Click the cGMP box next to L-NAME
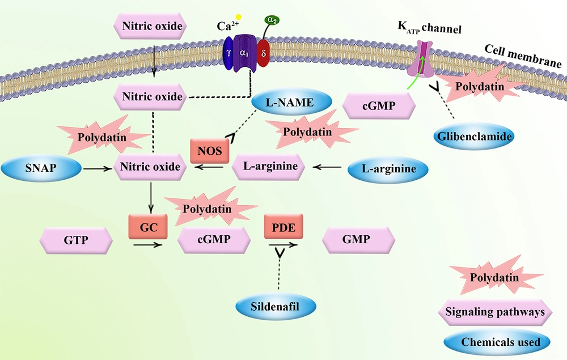(x=378, y=105)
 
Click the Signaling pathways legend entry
(x=495, y=311)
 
